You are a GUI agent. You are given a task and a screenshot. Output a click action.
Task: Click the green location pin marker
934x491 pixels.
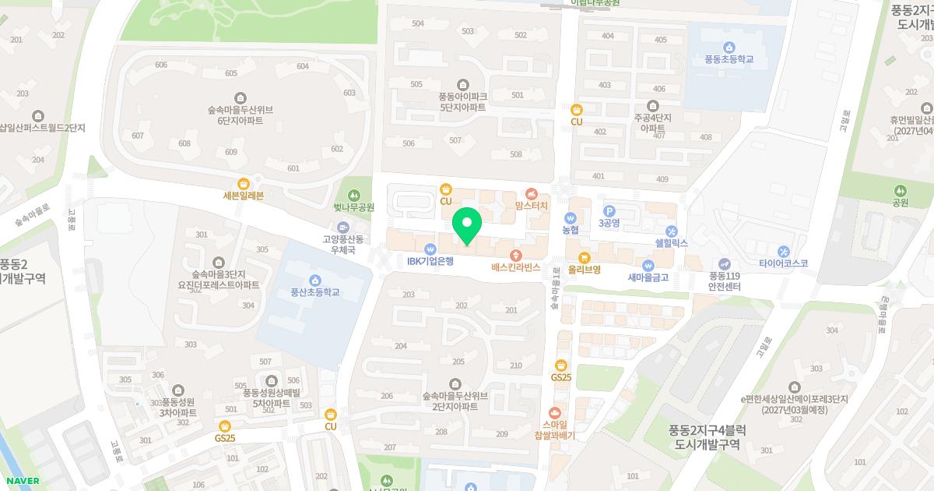467,226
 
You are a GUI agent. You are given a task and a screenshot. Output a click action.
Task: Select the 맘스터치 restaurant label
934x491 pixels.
532,205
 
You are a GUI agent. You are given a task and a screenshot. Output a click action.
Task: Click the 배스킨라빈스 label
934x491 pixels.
515,267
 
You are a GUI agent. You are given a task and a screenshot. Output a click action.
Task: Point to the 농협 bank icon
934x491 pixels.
571,218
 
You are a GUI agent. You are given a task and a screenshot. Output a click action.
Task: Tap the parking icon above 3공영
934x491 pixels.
609,210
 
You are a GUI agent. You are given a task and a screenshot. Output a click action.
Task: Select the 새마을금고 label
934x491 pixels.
648,277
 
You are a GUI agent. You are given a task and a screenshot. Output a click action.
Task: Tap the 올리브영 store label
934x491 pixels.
584,269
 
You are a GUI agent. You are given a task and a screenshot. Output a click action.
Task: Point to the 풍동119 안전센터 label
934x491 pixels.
725,281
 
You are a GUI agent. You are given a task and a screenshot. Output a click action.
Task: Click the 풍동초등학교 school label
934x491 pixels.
729,58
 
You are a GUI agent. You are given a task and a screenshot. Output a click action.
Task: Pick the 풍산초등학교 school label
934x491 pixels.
315,291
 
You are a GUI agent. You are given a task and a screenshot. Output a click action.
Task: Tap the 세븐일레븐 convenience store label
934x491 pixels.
244,195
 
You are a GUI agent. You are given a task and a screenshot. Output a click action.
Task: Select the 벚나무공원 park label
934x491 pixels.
354,207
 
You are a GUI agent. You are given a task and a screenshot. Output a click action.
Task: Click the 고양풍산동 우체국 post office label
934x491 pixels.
339,245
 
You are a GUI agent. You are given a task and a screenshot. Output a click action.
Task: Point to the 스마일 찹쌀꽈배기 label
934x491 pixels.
554,430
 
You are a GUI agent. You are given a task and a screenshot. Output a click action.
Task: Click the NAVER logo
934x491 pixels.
20,481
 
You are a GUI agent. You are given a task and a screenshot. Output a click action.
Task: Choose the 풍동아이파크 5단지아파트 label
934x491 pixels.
462,101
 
